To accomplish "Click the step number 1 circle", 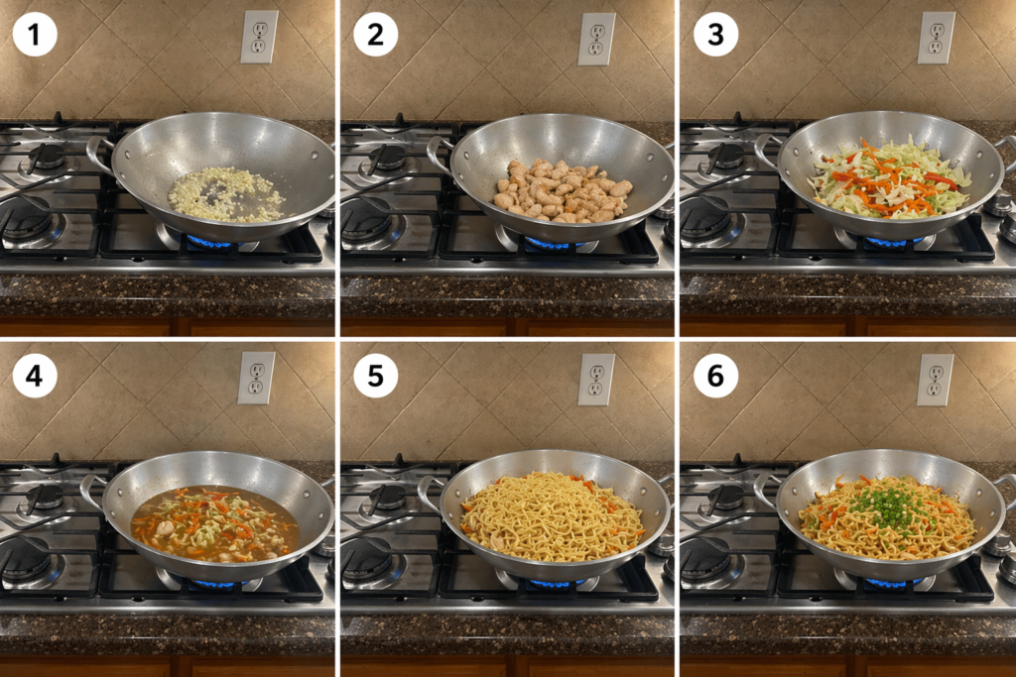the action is (x=35, y=35).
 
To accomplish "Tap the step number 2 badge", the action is (x=376, y=35).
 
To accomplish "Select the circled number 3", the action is (x=716, y=35).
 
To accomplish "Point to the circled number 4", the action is (x=35, y=376).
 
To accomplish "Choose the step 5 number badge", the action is (x=376, y=376).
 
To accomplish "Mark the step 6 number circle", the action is (x=716, y=376).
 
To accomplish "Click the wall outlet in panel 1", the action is (x=259, y=37).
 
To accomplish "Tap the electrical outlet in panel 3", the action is (x=937, y=38).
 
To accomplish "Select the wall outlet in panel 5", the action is (x=596, y=380).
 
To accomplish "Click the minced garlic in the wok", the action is (x=226, y=195).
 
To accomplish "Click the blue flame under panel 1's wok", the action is (x=211, y=242).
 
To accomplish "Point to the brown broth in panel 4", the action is (x=215, y=523).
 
